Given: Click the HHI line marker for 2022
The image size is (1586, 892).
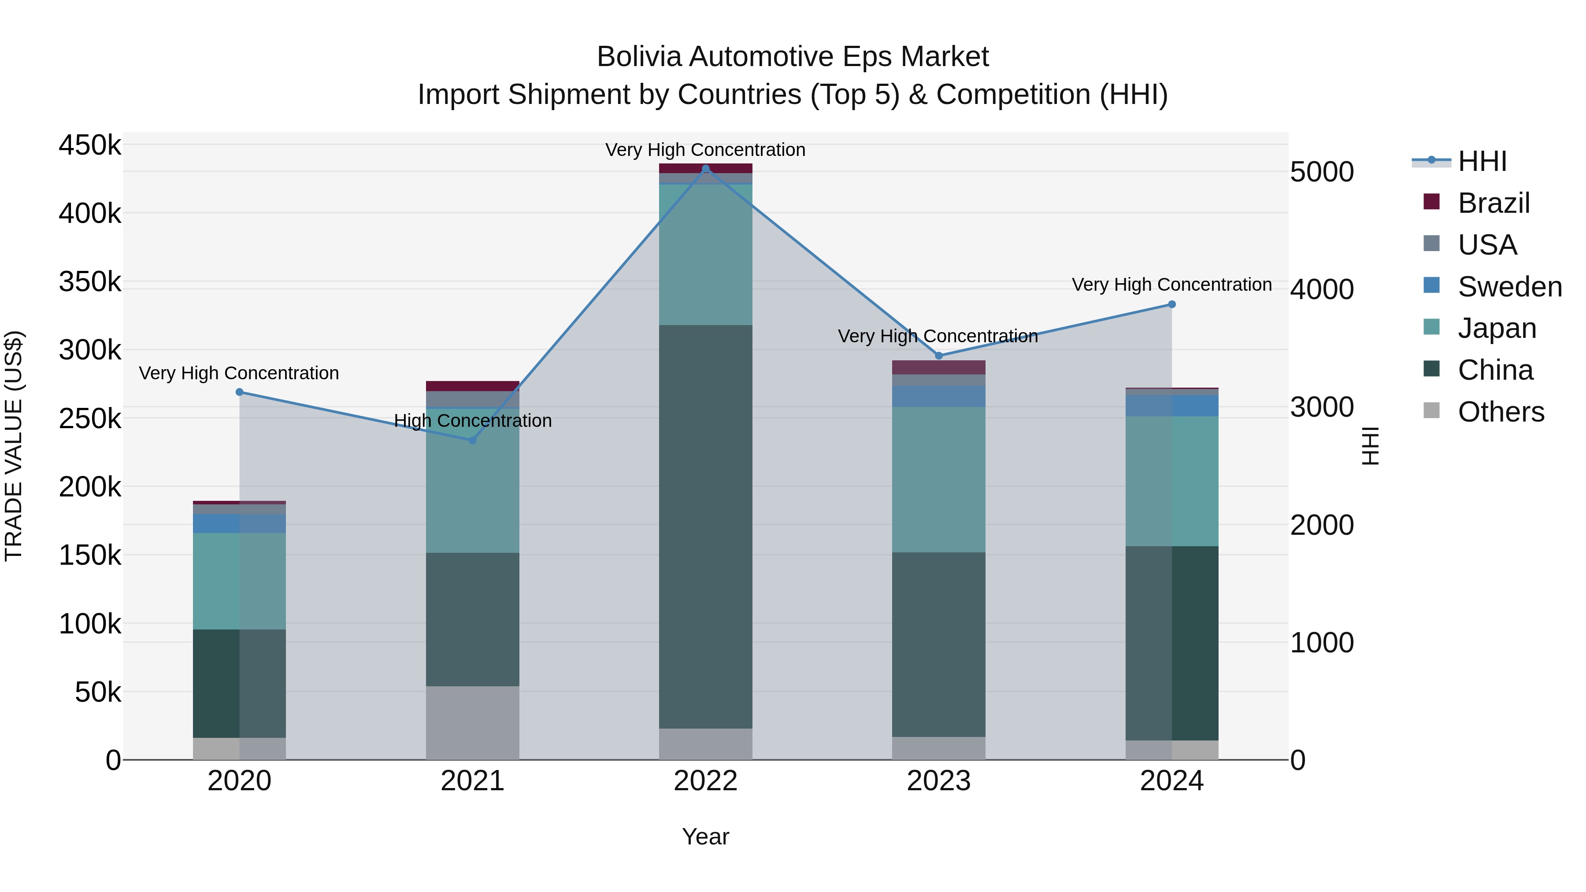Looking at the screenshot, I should [706, 169].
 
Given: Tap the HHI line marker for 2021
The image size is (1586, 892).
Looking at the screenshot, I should [472, 440].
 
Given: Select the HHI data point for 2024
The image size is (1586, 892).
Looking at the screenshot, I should [1171, 304].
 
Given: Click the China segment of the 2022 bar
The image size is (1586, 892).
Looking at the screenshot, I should [706, 526].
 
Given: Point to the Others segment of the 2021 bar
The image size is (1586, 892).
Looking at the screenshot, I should [472, 723].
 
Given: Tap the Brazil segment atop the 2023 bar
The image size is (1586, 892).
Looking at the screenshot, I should [938, 367].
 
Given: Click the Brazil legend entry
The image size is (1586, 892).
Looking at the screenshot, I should [1493, 203].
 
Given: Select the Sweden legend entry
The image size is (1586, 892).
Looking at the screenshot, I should [1509, 287].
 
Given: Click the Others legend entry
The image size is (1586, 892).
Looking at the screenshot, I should [1501, 412].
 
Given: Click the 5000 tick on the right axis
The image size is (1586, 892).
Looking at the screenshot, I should [1322, 172].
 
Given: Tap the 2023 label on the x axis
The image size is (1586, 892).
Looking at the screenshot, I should [938, 781].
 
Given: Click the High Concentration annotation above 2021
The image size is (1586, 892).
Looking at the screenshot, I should [472, 421].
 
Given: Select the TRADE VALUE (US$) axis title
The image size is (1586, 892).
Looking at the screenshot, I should [14, 446].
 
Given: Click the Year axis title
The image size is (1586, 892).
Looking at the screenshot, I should [706, 836].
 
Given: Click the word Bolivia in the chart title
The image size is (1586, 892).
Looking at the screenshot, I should [638, 57].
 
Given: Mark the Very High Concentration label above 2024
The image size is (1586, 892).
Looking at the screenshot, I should [1171, 285].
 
